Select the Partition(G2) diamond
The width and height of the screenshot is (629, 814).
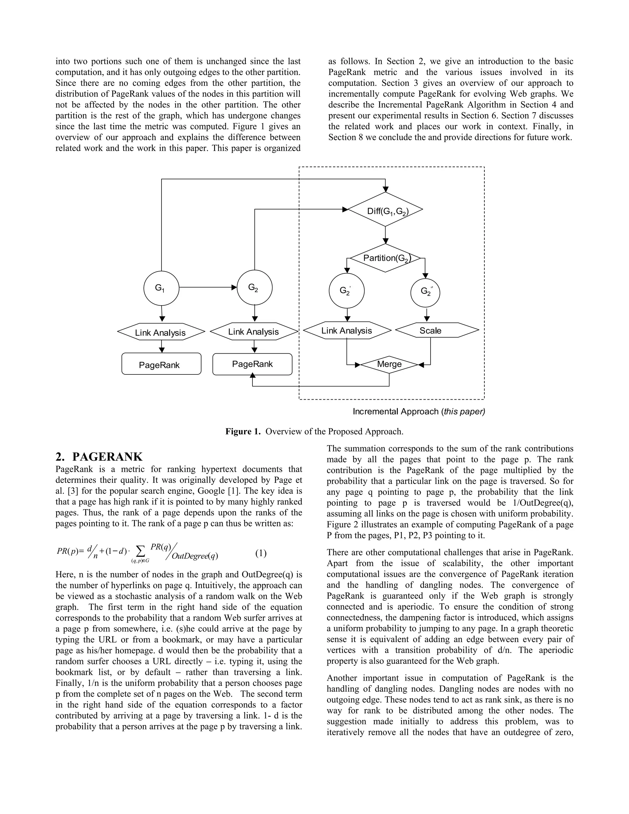click(386, 258)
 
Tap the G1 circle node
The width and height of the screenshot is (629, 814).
click(161, 288)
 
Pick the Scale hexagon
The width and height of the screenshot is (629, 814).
click(437, 330)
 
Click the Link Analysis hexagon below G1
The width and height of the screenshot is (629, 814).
click(161, 332)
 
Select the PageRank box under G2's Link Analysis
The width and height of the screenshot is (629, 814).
click(252, 364)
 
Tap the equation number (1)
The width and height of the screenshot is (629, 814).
click(260, 554)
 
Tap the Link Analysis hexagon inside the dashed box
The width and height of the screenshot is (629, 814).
click(347, 331)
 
